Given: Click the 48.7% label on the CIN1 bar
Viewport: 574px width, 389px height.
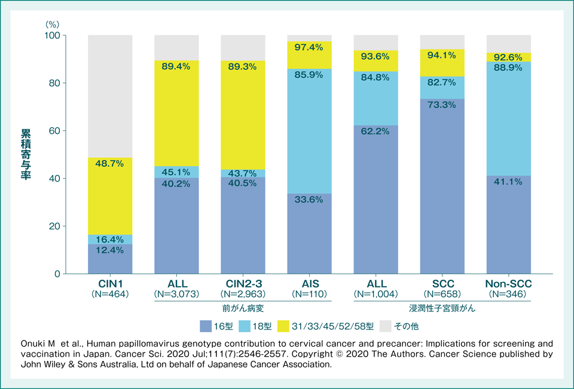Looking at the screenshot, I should [x=110, y=163].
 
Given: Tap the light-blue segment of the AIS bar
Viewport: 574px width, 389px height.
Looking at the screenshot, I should [x=309, y=131].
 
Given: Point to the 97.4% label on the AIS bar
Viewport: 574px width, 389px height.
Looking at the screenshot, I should [x=309, y=47].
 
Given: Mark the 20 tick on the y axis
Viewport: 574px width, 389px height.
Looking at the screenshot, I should [x=54, y=226].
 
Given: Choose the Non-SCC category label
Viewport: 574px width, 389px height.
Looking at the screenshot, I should [x=508, y=284].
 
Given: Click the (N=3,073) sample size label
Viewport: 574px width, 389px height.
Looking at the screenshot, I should [x=176, y=294].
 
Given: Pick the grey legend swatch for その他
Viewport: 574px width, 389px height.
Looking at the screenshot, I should [x=386, y=326].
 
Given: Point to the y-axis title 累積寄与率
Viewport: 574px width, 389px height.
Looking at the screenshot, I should [x=26, y=154].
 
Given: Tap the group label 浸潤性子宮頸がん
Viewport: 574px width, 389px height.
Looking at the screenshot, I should [x=441, y=309].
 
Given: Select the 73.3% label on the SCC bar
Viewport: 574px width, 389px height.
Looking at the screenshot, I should [x=442, y=105].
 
